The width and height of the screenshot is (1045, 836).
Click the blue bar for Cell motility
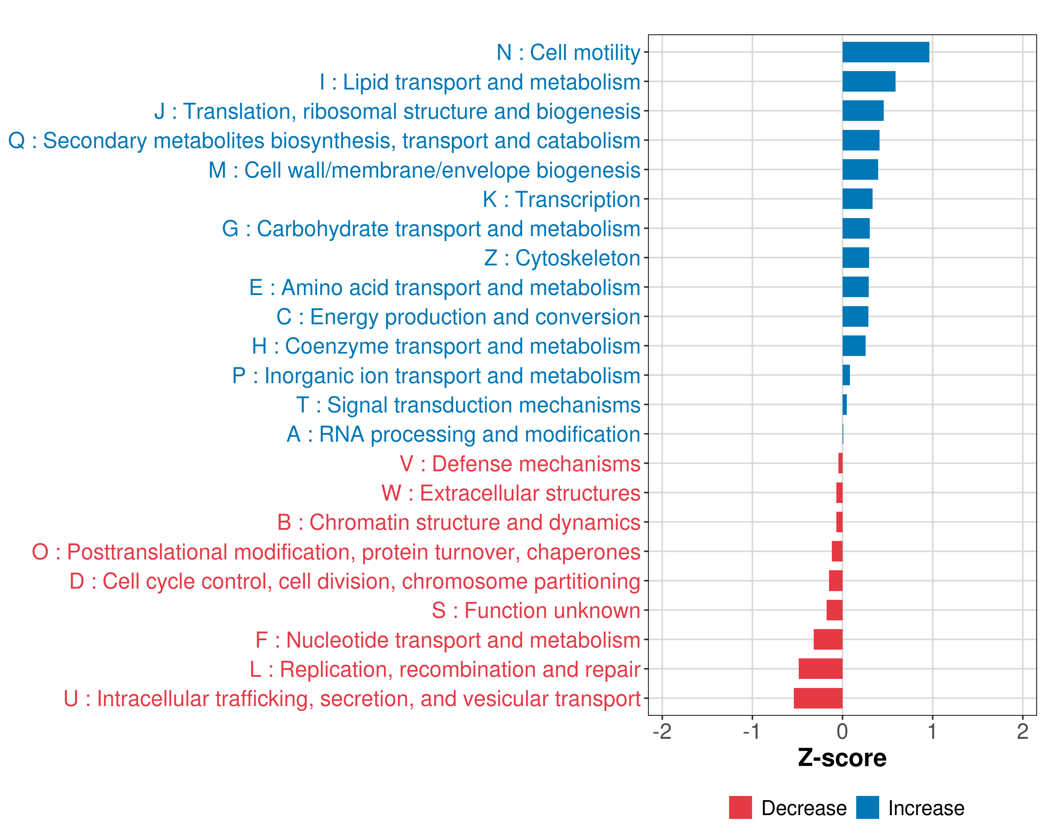tap(885, 52)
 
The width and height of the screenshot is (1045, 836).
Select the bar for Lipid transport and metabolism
tap(869, 82)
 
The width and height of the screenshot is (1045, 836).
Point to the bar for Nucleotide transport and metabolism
tap(828, 640)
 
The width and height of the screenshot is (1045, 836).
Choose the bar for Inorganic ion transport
tap(846, 375)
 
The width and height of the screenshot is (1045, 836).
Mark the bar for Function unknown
tap(834, 610)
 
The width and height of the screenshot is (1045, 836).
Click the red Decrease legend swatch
tap(740, 807)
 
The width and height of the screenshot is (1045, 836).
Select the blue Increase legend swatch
tap(867, 807)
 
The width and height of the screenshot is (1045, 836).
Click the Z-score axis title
tap(842, 758)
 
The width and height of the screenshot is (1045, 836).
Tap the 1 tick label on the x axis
tap(932, 731)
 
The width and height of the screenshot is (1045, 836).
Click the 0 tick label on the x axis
tap(842, 731)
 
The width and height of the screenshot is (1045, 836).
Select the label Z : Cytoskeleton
tap(562, 258)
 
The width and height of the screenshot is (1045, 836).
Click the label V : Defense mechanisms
tap(520, 464)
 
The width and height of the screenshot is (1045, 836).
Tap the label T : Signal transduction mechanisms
tap(468, 405)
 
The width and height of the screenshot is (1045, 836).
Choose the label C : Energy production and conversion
tap(458, 317)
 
